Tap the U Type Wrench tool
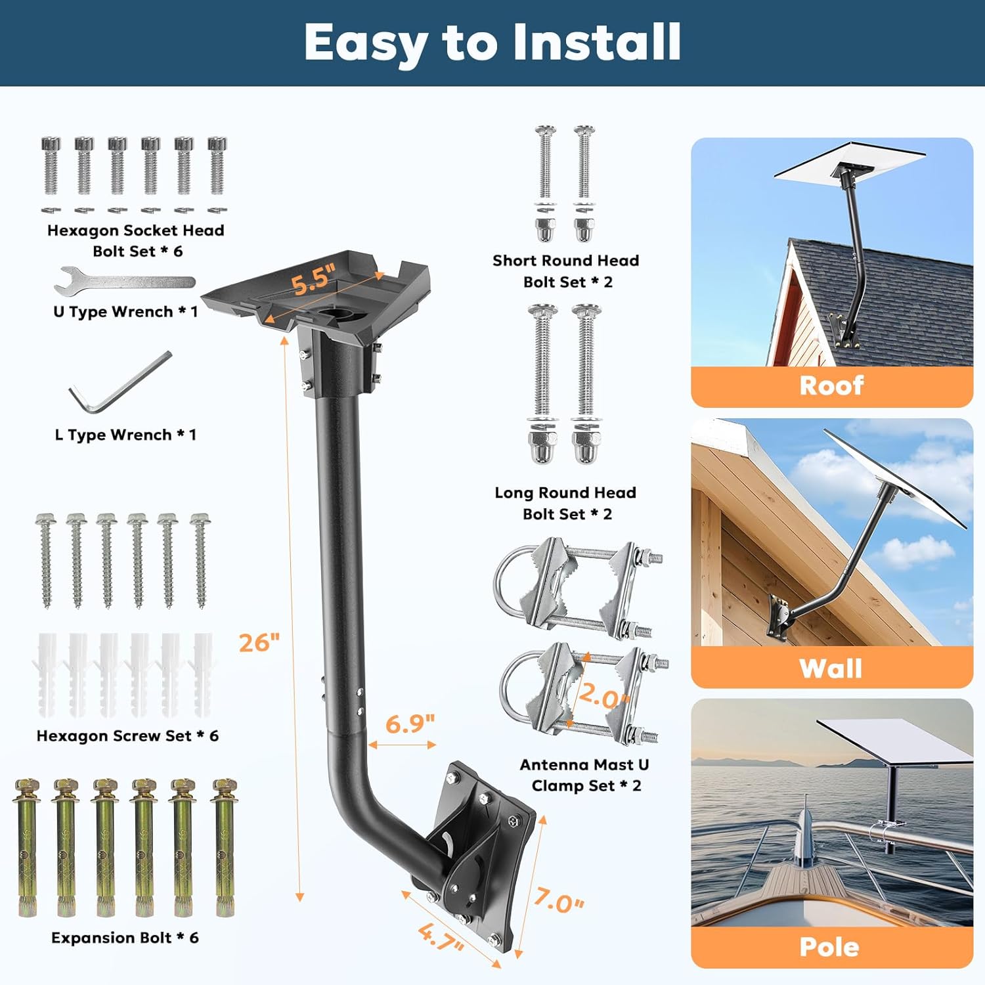(x=125, y=282)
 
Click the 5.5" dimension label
(x=314, y=279)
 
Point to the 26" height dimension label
(x=259, y=642)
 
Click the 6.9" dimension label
(x=410, y=724)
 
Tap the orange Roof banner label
(x=831, y=385)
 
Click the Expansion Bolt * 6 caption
(x=125, y=938)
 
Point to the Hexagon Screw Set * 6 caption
(x=127, y=736)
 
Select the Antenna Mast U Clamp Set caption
(x=584, y=775)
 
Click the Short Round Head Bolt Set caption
(x=566, y=271)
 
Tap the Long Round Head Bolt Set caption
(x=566, y=503)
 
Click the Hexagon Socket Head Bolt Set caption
(x=136, y=240)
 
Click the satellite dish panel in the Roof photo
(x=850, y=162)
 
